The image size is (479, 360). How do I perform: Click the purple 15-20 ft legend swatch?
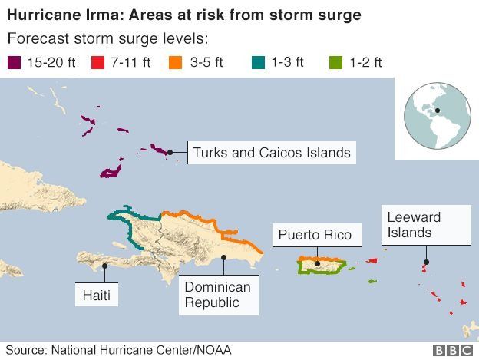(13, 63)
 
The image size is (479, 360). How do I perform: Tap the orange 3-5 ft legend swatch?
(176, 63)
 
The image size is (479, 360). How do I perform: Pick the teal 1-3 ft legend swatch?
(259, 63)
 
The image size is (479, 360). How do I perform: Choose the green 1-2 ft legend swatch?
(334, 63)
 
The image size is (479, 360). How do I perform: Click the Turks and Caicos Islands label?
(272, 153)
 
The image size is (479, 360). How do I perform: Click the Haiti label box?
(97, 295)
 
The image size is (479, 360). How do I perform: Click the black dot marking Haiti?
(104, 266)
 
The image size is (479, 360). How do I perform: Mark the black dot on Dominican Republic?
(223, 258)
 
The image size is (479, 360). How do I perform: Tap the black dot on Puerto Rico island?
(317, 264)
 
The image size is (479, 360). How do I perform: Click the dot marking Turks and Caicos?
(170, 152)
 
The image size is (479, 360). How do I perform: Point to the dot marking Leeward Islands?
(426, 263)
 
